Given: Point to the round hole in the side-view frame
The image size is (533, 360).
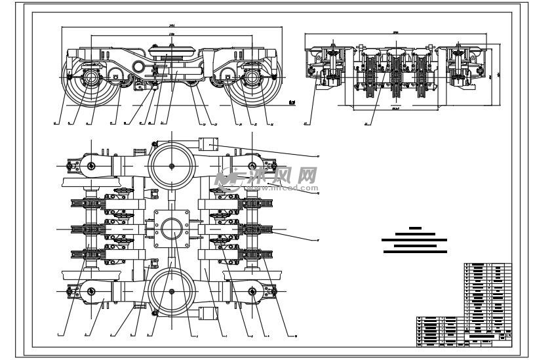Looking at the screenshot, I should (138, 67).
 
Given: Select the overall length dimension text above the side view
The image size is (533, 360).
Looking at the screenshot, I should (171, 26).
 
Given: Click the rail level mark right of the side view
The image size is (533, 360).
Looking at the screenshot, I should (292, 102).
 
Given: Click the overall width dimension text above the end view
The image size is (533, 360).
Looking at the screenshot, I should (396, 31).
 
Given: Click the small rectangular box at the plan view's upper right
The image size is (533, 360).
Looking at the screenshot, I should (211, 145).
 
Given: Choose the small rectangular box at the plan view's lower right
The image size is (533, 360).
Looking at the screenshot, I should (210, 313).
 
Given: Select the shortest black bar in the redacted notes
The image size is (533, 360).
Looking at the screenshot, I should (414, 228).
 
